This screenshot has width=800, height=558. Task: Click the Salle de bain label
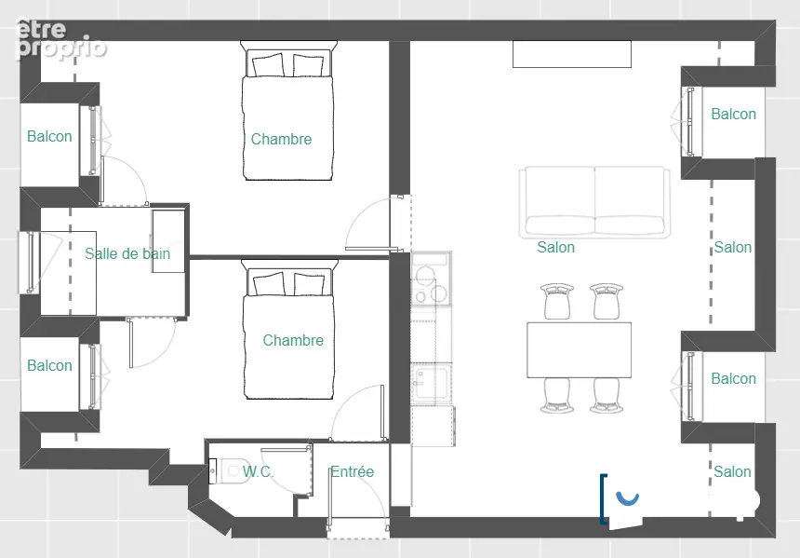coord(127,253)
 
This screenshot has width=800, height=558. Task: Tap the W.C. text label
coord(258,471)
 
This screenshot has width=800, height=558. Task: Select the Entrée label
coord(352,471)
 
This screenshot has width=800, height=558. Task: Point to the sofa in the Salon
coord(594,202)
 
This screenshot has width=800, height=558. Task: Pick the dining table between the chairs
coord(580,350)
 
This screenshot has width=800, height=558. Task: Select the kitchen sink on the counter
coord(432,382)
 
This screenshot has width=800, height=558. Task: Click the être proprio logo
coord(61,39)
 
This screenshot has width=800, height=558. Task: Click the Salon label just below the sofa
coord(555,247)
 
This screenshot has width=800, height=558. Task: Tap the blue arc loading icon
coord(628,497)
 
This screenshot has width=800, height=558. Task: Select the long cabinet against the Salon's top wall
coord(572,54)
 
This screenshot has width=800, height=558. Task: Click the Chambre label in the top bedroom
coord(281,139)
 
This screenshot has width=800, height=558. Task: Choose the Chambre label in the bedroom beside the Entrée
coord(293,340)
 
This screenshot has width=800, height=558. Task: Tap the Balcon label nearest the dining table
coord(733,378)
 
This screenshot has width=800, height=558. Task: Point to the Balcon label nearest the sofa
coord(733,114)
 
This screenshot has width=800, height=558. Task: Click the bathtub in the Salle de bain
coord(68,273)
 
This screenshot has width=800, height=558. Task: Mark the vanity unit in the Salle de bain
coord(168,240)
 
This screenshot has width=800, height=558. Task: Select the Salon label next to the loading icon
coord(732,471)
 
